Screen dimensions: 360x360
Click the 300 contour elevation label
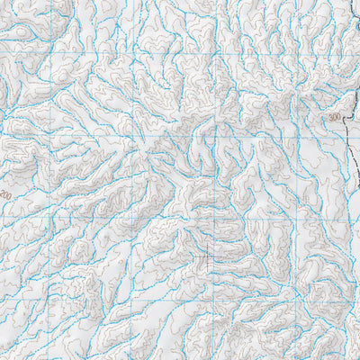coord(336,117)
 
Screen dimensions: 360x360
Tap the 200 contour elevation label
coord(6,194)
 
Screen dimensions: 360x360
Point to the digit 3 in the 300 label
coord(331,117)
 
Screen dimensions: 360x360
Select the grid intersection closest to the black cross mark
coord(216,217)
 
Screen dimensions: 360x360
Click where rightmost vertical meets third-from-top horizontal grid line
coord(298,216)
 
